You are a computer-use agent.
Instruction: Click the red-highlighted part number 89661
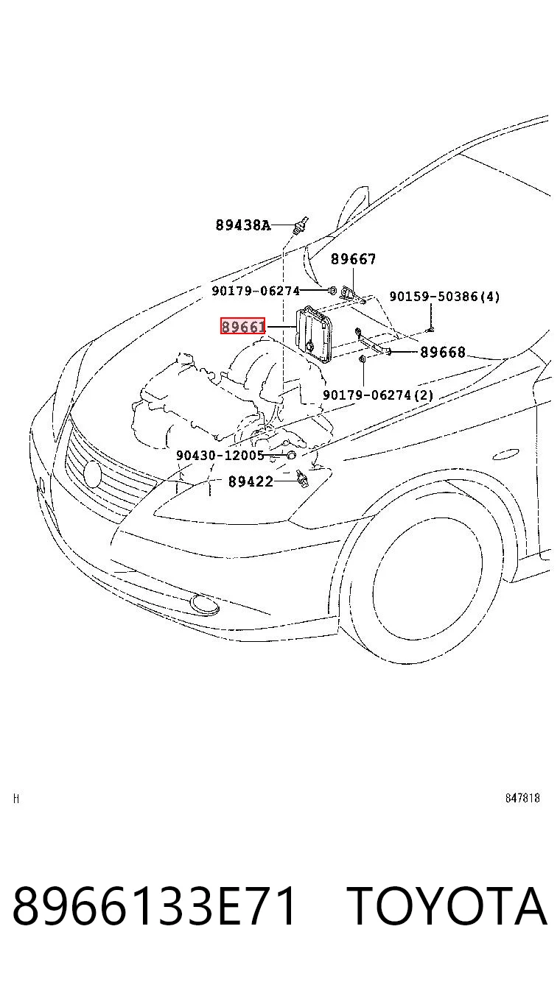point(242,326)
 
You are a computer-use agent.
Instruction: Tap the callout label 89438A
point(243,225)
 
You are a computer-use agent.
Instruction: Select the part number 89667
point(353,259)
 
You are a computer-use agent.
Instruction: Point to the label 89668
point(443,352)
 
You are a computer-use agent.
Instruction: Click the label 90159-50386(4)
point(444,297)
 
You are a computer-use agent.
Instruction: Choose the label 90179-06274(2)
point(378,395)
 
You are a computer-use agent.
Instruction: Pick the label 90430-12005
point(220,455)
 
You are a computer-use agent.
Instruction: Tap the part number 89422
point(251,481)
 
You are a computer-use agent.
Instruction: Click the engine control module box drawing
point(313,334)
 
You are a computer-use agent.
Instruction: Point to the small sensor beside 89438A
point(301,225)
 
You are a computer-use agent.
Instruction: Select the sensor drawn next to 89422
point(302,478)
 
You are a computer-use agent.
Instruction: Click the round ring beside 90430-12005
point(291,455)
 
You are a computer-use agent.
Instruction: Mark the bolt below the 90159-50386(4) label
point(430,328)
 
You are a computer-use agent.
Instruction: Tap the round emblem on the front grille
point(92,474)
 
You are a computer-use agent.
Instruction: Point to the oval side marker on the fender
point(506,456)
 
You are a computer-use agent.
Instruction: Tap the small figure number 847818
point(522,798)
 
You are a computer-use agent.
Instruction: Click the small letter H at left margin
point(16,799)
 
